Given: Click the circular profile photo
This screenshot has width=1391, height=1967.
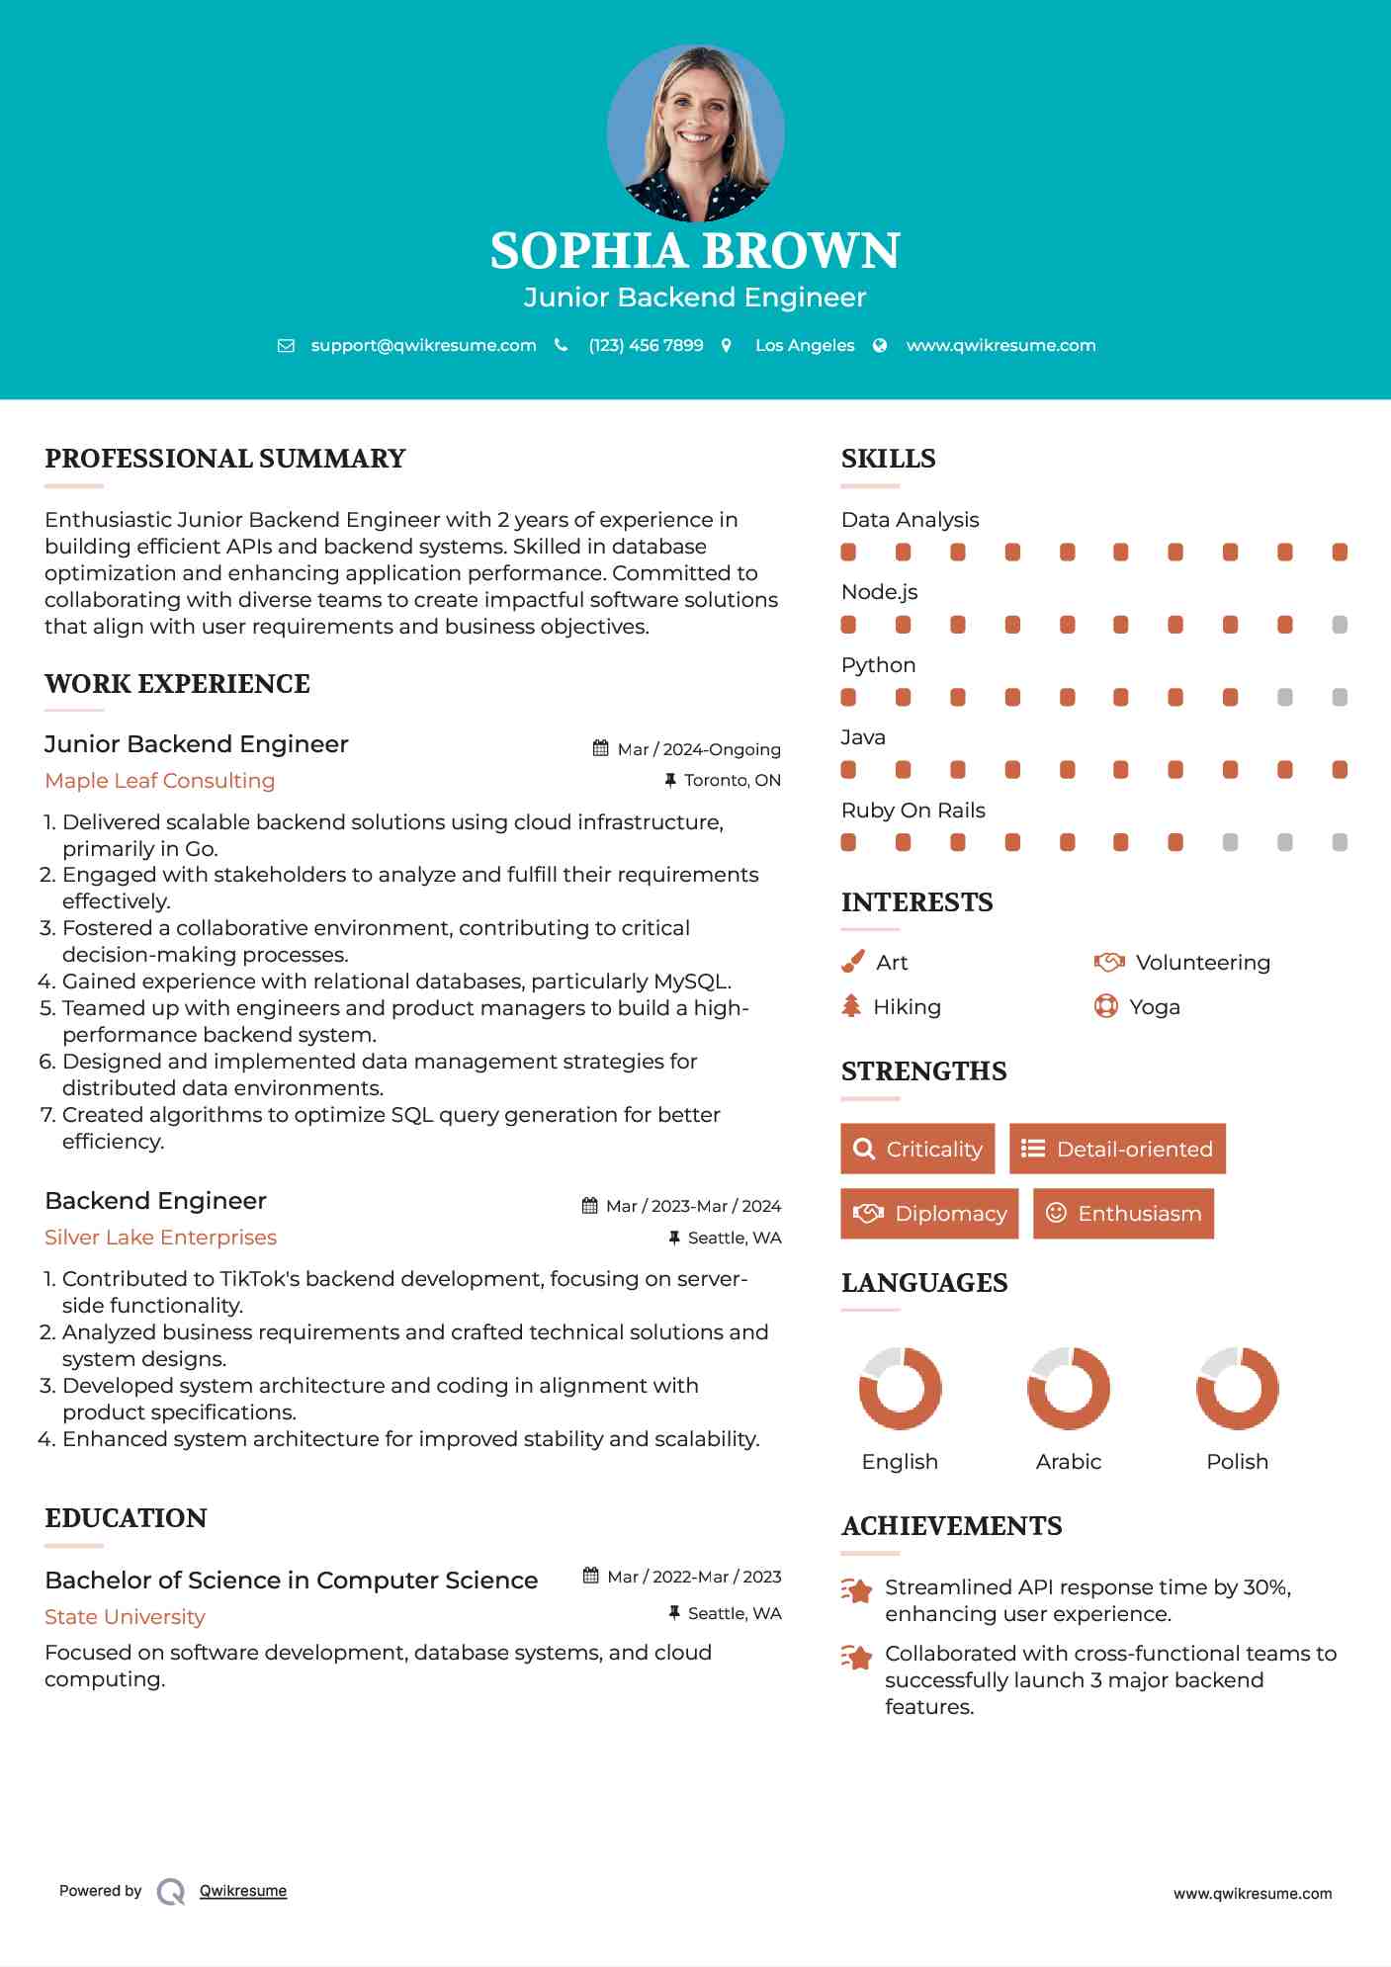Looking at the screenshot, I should [x=695, y=132].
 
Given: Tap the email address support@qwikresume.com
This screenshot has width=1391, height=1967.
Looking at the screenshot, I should [x=423, y=345].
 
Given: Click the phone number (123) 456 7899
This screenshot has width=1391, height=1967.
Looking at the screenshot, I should [x=646, y=345].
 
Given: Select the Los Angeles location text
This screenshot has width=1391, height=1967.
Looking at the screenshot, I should [x=804, y=345].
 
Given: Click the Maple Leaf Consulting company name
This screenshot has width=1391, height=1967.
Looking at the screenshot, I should [x=160, y=781].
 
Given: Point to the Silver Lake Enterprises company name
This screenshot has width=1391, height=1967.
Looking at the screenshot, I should [x=160, y=1238].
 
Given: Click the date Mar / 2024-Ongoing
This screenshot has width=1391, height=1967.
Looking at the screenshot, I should [x=698, y=749].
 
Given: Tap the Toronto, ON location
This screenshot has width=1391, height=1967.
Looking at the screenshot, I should [x=732, y=780].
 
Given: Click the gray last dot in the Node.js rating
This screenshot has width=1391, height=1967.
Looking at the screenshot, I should [x=1340, y=625].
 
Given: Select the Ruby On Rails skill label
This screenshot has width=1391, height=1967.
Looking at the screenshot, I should [x=913, y=811].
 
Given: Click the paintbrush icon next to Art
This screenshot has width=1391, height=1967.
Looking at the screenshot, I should [x=852, y=962].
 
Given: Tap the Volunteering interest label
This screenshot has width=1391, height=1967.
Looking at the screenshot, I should [x=1202, y=962].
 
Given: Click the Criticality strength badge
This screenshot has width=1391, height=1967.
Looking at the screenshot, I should [x=917, y=1149].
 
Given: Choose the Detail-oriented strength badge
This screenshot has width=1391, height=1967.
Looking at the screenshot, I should [x=1117, y=1149].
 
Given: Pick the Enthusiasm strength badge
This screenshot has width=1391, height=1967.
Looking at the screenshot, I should [x=1123, y=1214].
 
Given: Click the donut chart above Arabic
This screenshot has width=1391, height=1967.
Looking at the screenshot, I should [x=1068, y=1388].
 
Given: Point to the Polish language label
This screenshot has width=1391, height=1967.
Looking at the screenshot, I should [x=1237, y=1462].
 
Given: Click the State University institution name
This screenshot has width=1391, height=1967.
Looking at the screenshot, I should [x=125, y=1617].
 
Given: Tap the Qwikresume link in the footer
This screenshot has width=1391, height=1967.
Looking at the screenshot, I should [x=242, y=1891].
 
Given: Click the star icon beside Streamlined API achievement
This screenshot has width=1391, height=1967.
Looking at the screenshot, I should [x=856, y=1590].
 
